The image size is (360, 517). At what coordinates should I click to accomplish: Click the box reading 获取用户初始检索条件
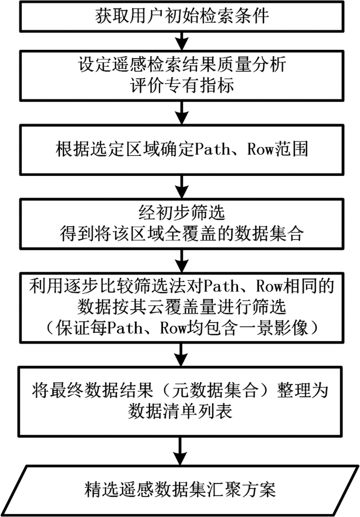click(x=180, y=16)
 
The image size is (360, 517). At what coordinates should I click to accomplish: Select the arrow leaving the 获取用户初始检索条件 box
click(x=180, y=40)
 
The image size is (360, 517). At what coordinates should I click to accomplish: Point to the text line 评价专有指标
click(x=179, y=84)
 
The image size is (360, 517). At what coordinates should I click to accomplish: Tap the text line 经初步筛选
click(x=179, y=214)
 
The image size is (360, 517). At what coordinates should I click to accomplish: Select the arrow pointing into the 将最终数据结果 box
click(x=180, y=354)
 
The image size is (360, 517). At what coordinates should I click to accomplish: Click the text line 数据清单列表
click(x=179, y=410)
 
